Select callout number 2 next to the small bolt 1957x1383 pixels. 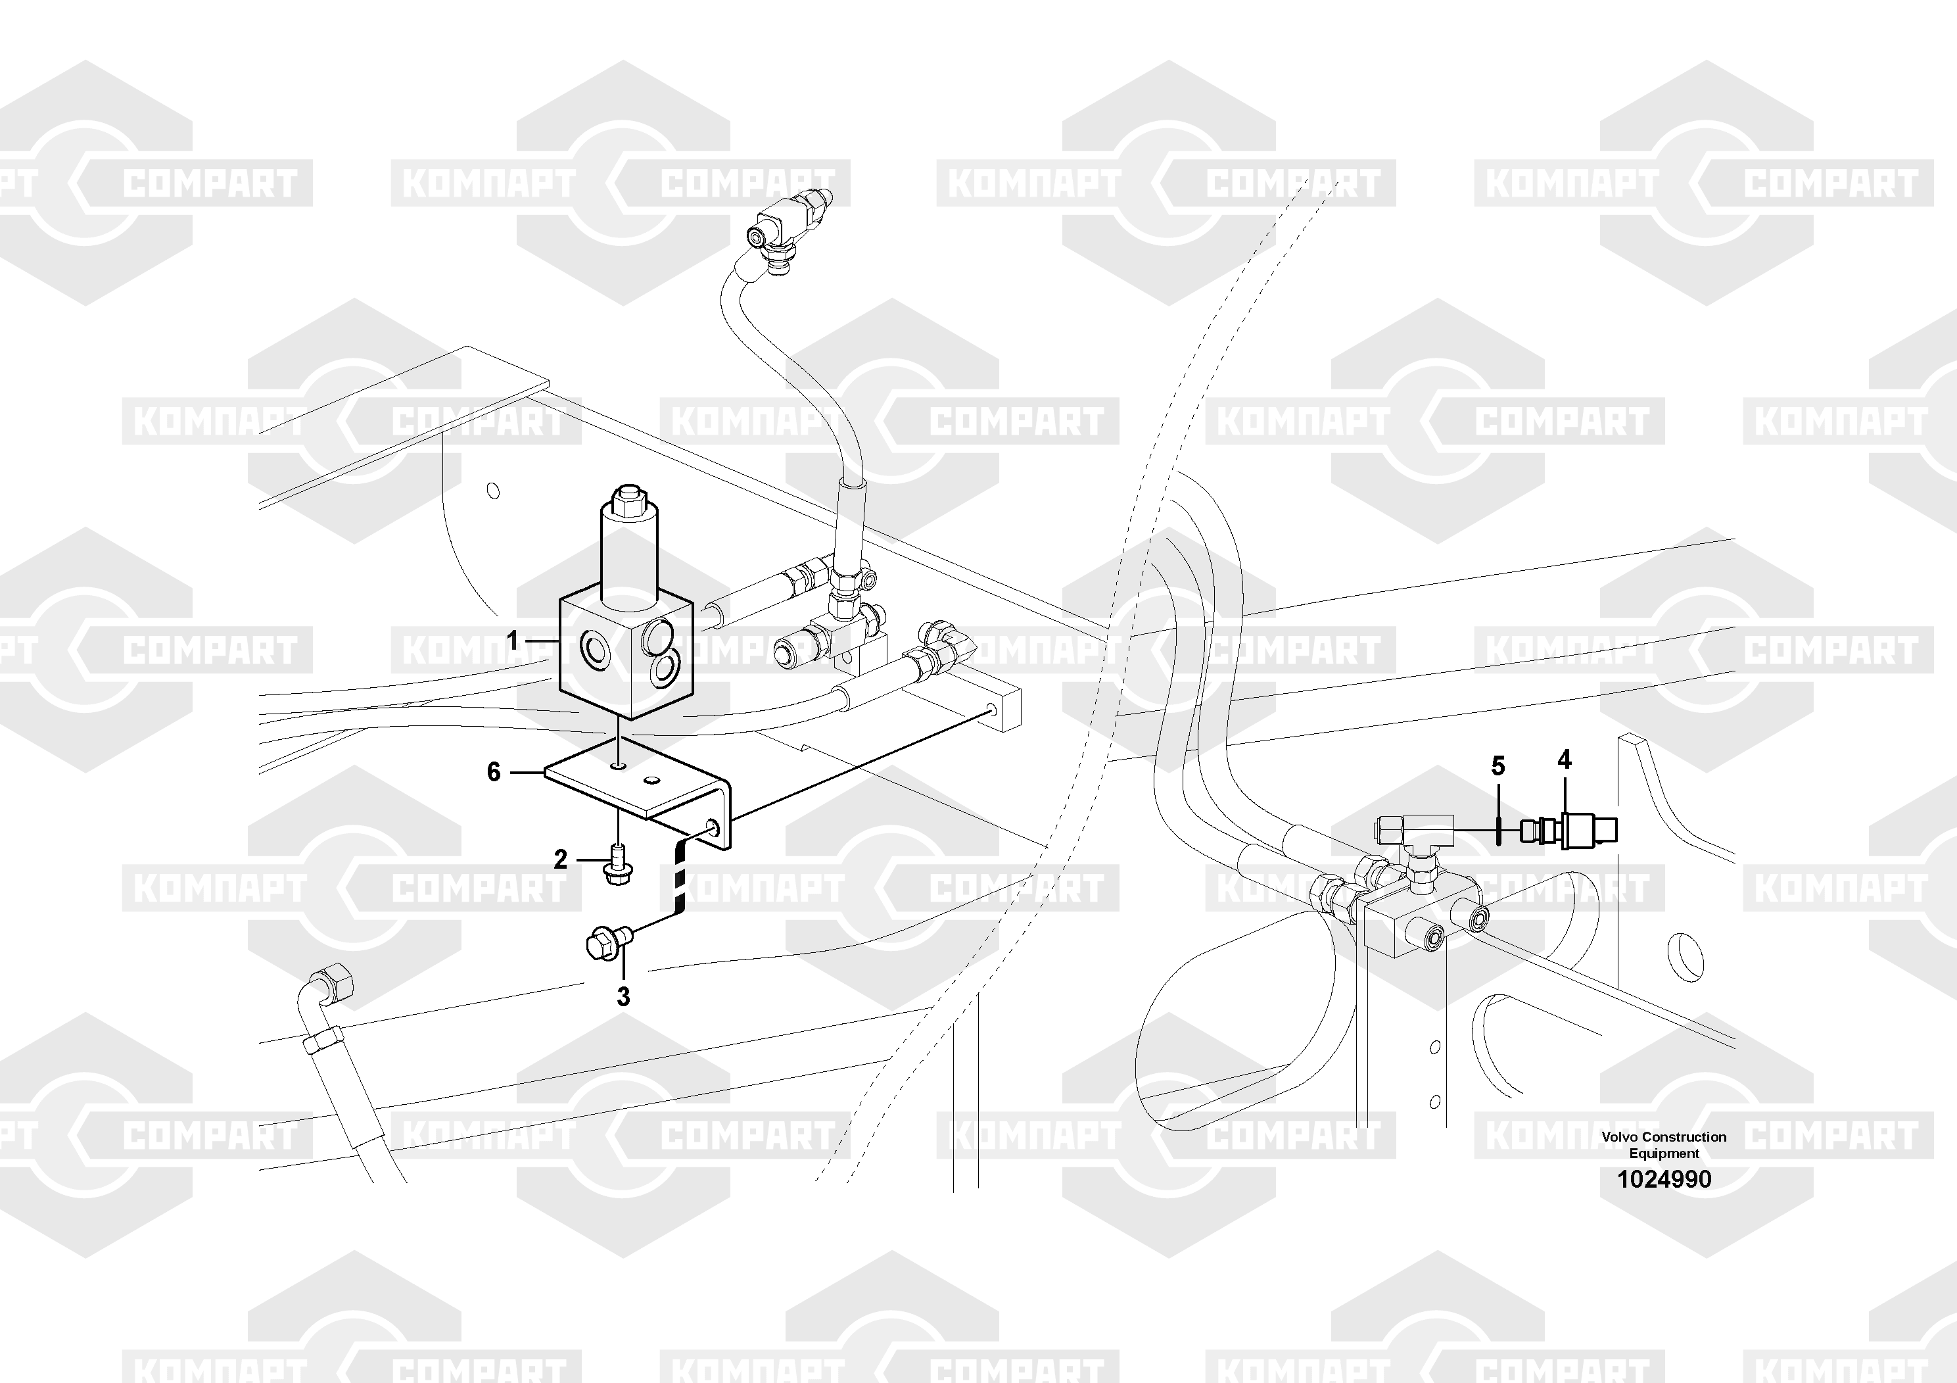[x=560, y=860]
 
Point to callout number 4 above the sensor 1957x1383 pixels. [x=1564, y=759]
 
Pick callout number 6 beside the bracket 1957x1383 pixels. [x=494, y=771]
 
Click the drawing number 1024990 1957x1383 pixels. [x=1664, y=1179]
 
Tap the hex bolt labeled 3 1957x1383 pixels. [x=607, y=943]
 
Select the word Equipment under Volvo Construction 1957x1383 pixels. [x=1664, y=1153]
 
